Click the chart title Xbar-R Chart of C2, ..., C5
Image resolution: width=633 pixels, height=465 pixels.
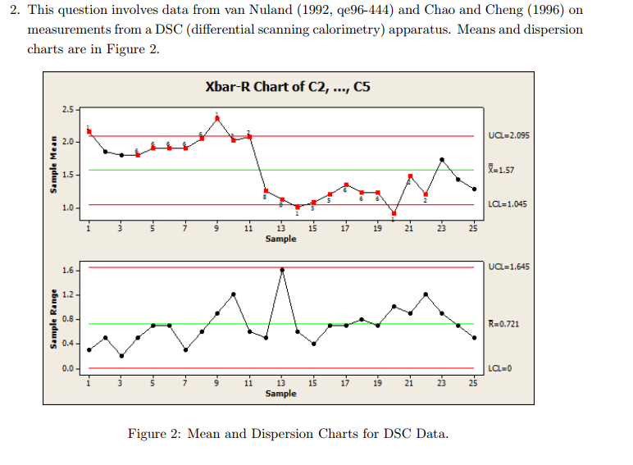[x=288, y=88]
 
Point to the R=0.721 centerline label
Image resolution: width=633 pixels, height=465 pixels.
[x=503, y=324]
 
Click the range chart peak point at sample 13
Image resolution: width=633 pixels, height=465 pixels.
[x=282, y=269]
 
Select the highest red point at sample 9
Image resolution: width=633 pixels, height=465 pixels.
[x=217, y=118]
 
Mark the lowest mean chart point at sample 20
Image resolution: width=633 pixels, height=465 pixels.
[x=394, y=213]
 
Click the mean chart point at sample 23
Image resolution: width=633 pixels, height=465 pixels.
[x=442, y=160]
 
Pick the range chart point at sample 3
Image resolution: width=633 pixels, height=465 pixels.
[x=121, y=356]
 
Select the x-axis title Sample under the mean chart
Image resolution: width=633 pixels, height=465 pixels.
[x=281, y=239]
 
